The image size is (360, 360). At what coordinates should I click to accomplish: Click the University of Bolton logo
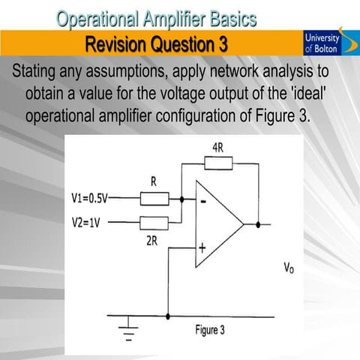pyautogui.click(x=323, y=43)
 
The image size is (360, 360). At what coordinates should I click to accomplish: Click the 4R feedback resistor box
pyautogui.click(x=217, y=163)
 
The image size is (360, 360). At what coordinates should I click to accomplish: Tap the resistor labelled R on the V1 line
pyautogui.click(x=154, y=198)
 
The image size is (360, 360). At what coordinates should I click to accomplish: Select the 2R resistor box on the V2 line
pyautogui.click(x=154, y=222)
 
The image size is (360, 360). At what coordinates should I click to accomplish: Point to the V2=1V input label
pyautogui.click(x=84, y=223)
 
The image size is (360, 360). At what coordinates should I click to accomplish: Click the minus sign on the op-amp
pyautogui.click(x=202, y=201)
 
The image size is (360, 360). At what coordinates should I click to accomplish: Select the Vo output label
pyautogui.click(x=288, y=268)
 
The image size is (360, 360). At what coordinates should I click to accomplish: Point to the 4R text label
pyautogui.click(x=218, y=148)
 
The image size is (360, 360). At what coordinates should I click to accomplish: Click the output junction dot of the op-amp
pyautogui.click(x=259, y=223)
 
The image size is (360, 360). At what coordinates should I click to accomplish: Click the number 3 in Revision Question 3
pyautogui.click(x=223, y=43)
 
